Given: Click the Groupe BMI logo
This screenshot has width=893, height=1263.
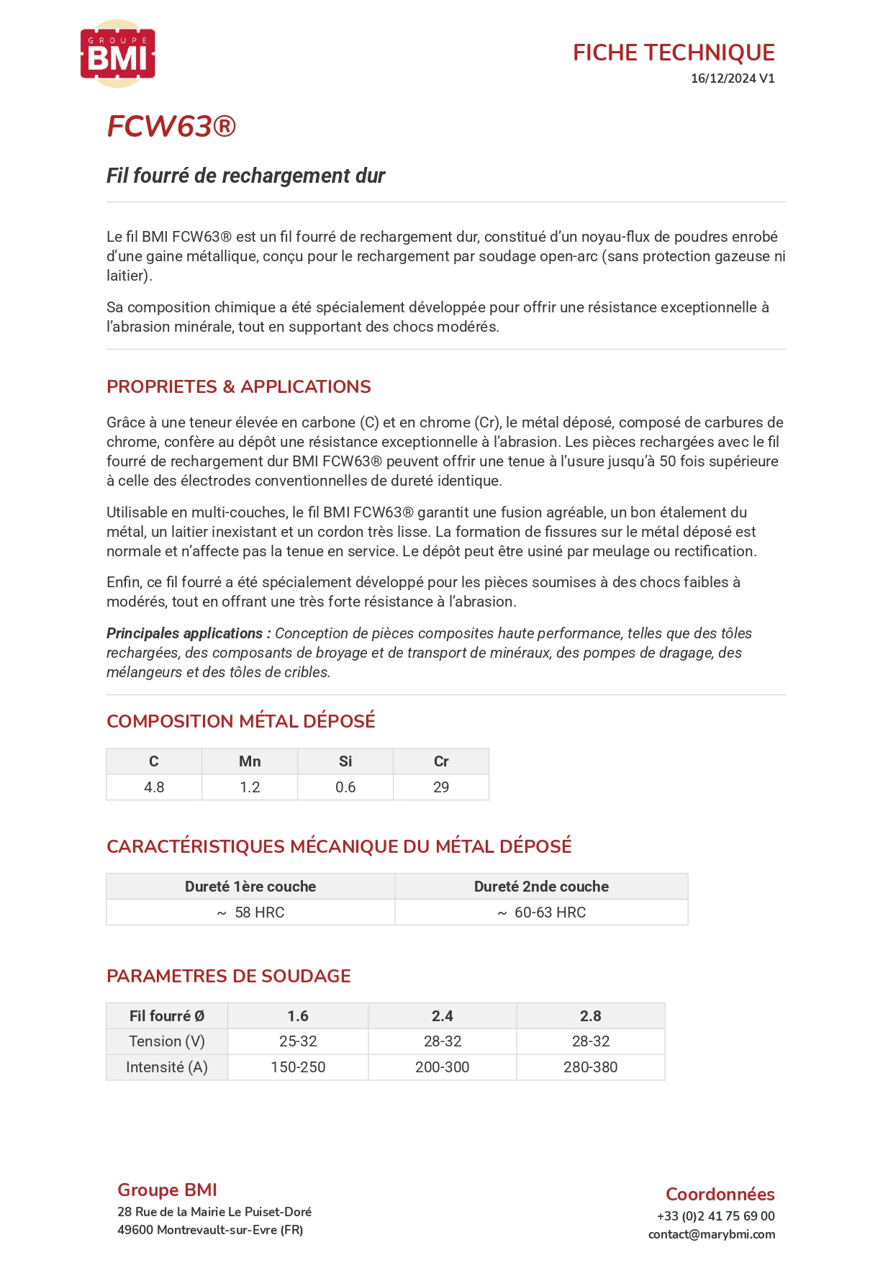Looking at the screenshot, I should tap(118, 54).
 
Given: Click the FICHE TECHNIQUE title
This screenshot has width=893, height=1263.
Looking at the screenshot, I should tap(673, 53).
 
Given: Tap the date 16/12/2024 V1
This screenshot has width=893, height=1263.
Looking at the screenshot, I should tap(732, 78).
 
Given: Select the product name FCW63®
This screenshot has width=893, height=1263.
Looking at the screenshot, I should tap(171, 127).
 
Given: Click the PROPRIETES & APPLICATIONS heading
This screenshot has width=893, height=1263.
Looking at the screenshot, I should tap(238, 386).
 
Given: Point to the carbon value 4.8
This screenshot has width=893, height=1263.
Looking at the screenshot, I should tap(154, 787).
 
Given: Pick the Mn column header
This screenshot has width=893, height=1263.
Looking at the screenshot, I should tap(250, 761).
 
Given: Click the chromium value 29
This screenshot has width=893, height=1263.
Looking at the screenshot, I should tap(441, 787).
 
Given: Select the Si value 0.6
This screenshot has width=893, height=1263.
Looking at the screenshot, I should tap(345, 787).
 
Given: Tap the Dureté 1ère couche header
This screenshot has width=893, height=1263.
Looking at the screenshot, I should tap(250, 887).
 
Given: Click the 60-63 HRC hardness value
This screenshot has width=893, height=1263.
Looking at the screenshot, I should tap(550, 913).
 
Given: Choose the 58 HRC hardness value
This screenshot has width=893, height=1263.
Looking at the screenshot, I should tap(259, 913).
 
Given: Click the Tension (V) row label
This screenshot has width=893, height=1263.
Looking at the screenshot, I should tap(167, 1041).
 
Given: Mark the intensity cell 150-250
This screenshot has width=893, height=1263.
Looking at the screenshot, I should tap(298, 1067).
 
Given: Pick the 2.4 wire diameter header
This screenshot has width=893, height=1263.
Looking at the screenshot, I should tap(442, 1016).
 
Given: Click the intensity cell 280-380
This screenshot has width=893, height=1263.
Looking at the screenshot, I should tap(590, 1067).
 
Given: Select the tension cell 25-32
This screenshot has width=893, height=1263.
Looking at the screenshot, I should tap(298, 1041).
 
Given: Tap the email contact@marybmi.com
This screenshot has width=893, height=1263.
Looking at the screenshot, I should tap(711, 1234).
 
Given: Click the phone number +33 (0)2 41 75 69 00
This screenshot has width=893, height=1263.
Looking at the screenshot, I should tap(715, 1216).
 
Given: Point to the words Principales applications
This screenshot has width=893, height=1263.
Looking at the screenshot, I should tap(184, 633).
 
